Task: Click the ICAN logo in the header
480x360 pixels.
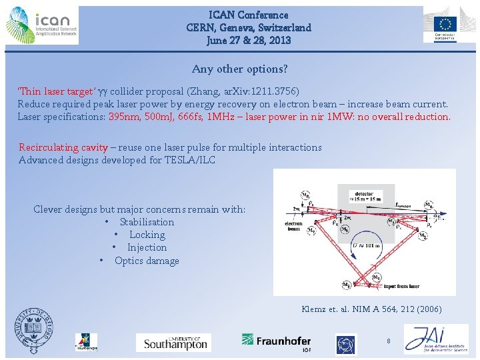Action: point(41,25)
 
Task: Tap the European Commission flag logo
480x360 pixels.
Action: point(445,25)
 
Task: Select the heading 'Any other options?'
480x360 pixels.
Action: point(240,69)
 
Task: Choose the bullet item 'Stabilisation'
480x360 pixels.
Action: point(147,222)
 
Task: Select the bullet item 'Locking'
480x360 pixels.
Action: point(147,235)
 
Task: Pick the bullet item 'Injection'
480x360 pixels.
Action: point(147,247)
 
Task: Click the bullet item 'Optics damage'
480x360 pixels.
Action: point(147,261)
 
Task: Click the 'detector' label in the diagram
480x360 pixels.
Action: point(365,193)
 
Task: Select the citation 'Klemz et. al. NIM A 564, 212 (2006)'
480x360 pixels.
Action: point(371,309)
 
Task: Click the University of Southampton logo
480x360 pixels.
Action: point(173,343)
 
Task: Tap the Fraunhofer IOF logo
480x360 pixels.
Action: point(276,341)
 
